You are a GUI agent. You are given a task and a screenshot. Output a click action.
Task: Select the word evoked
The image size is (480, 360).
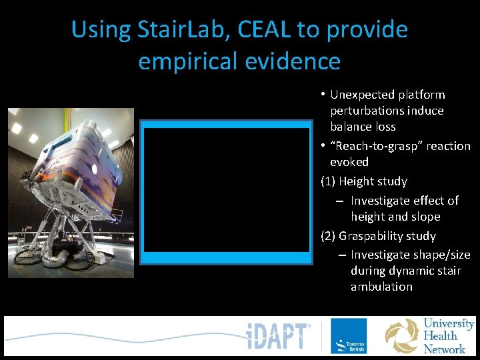point(349,162)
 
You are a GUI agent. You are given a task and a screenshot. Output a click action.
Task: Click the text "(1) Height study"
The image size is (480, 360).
point(364,181)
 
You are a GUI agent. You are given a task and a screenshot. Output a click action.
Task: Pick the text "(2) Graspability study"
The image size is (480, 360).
point(378,236)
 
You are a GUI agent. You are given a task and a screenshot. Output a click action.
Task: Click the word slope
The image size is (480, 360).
point(425,217)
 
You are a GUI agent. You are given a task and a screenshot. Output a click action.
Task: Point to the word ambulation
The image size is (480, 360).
point(381,287)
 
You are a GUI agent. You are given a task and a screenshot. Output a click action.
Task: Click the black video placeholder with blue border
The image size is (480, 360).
point(227,190)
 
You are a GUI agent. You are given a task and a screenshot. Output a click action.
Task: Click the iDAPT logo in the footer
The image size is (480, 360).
point(277,336)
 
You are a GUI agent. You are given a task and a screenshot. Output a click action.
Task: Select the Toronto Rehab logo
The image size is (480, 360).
point(349,336)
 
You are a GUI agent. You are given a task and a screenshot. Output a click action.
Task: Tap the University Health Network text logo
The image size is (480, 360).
point(449,336)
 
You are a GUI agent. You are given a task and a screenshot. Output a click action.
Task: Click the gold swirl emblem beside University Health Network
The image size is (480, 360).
point(403,336)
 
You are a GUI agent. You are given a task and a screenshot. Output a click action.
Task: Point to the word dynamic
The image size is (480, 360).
point(415,271)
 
